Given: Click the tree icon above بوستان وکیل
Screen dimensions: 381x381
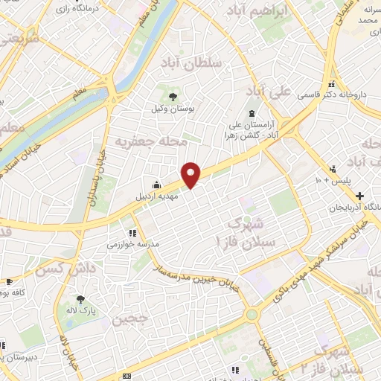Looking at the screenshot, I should [173, 97].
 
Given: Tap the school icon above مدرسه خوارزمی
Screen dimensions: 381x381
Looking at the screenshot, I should [132, 233].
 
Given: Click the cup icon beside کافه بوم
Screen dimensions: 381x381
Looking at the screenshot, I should [10, 281].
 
